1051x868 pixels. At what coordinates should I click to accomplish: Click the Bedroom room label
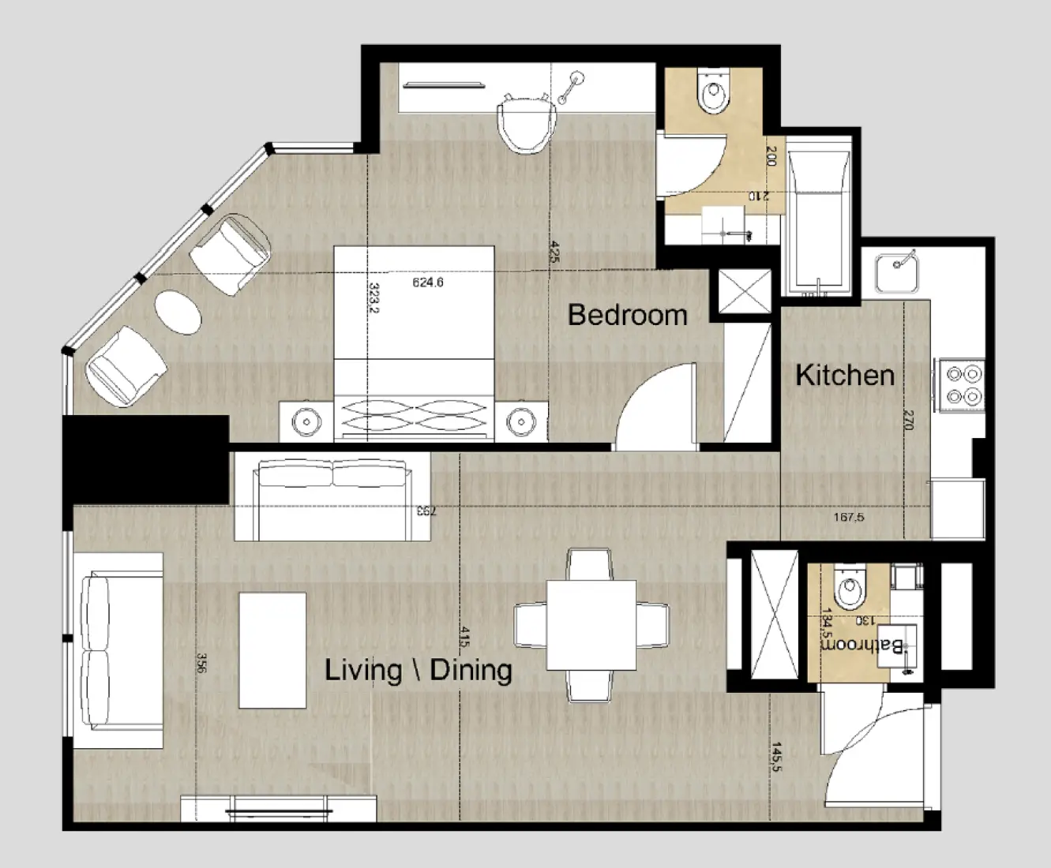(x=627, y=315)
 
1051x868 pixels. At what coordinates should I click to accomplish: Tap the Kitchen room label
(x=844, y=375)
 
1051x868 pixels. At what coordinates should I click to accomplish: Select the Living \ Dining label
(x=419, y=671)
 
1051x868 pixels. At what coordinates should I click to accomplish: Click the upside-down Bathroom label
(x=864, y=645)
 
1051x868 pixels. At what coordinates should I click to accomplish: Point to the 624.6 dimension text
(x=428, y=282)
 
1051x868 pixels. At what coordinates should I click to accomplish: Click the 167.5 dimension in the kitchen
(x=849, y=518)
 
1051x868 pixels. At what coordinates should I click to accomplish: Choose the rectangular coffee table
(x=272, y=650)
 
